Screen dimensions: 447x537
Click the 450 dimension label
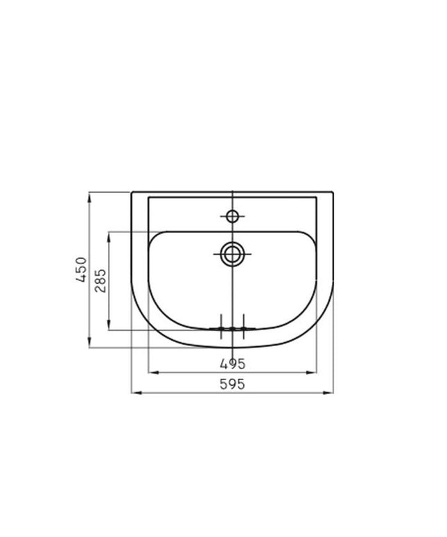(x=81, y=269)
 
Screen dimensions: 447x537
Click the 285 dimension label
(x=100, y=281)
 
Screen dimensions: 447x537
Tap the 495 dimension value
(x=233, y=364)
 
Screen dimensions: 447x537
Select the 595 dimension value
(x=233, y=384)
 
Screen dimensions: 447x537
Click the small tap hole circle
(x=233, y=216)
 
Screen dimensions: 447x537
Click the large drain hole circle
(x=233, y=254)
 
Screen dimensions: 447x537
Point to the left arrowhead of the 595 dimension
(x=137, y=393)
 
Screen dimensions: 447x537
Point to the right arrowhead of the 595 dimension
(x=328, y=393)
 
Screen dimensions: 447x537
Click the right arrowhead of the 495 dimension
(x=312, y=373)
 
